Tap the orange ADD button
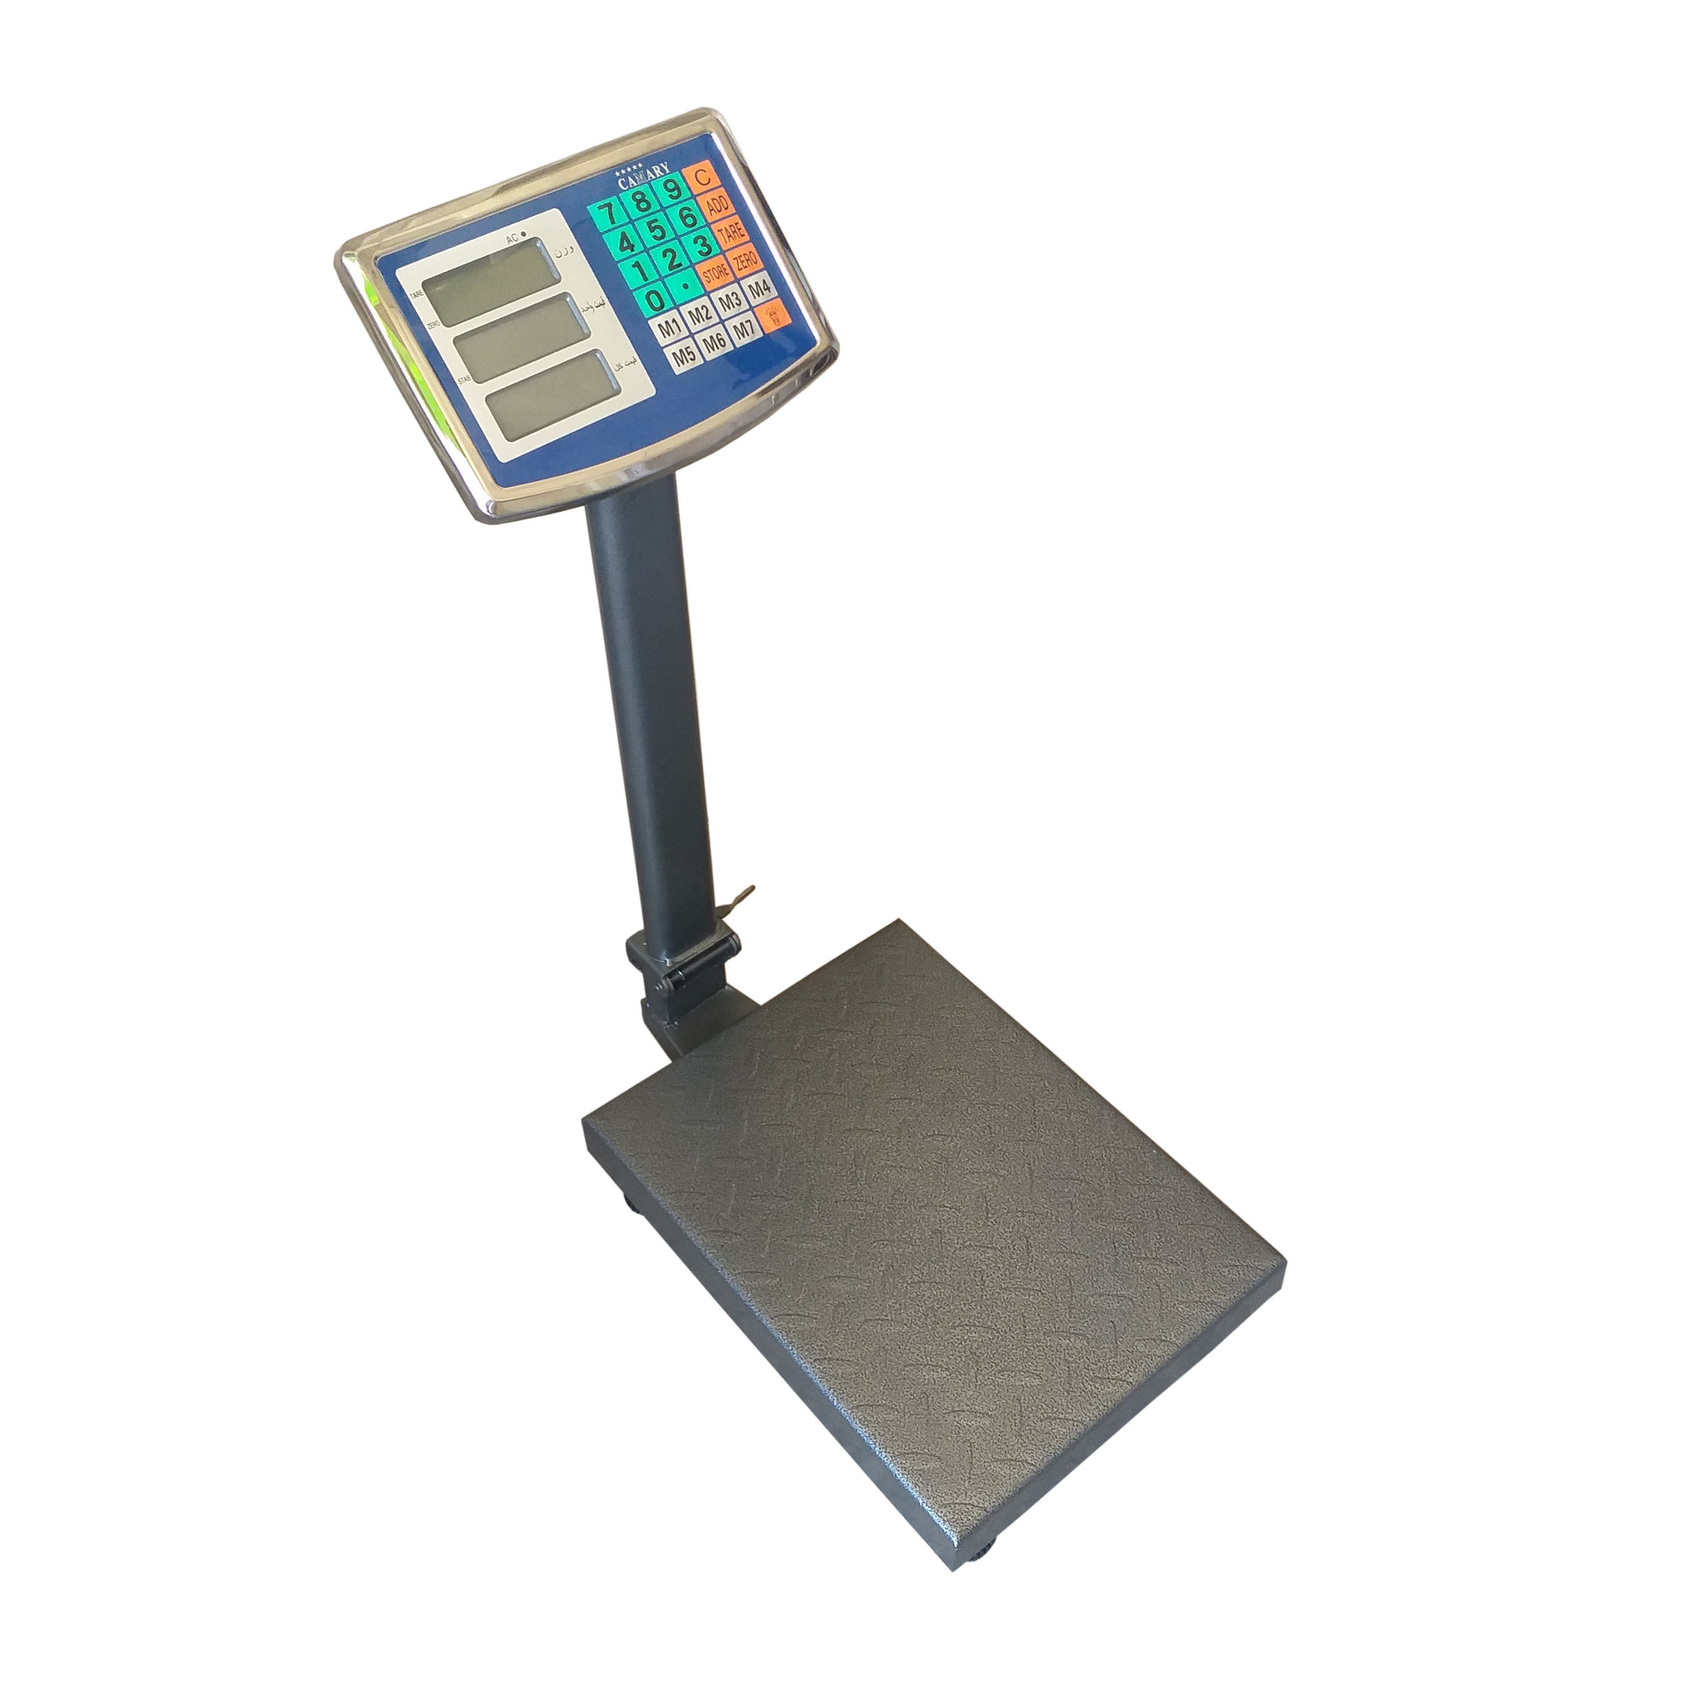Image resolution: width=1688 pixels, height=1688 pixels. (x=716, y=205)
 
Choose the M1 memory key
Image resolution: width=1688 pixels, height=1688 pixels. (x=669, y=329)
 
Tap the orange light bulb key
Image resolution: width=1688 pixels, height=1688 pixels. (x=772, y=315)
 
